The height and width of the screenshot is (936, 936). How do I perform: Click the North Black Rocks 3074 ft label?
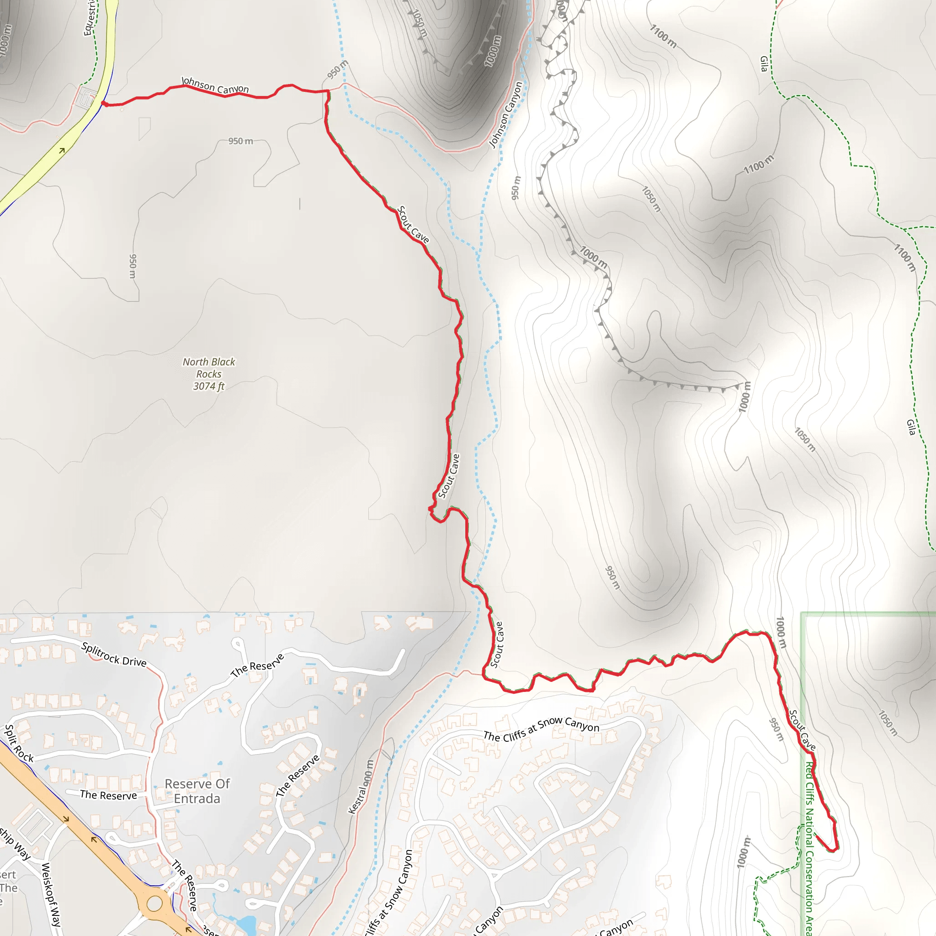(209, 374)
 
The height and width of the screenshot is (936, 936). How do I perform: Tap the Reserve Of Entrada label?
(197, 791)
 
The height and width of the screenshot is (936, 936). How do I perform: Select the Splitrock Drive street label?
(114, 654)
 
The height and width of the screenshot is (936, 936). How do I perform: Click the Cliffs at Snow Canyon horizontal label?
(541, 729)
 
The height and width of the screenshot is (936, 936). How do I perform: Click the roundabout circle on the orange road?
(154, 904)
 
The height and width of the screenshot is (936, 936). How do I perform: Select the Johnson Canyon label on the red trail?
(215, 85)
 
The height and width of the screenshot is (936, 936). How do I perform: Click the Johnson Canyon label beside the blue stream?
(506, 115)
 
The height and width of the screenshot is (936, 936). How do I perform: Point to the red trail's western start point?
(103, 103)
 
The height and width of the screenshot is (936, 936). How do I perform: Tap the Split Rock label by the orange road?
(19, 744)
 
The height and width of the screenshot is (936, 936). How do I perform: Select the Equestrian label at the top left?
(89, 18)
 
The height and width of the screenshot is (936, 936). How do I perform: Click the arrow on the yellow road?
(62, 151)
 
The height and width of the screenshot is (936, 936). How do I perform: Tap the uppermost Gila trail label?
(764, 64)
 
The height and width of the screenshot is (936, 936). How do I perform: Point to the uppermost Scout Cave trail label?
(413, 224)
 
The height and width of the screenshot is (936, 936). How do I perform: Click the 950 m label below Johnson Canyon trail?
(241, 141)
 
